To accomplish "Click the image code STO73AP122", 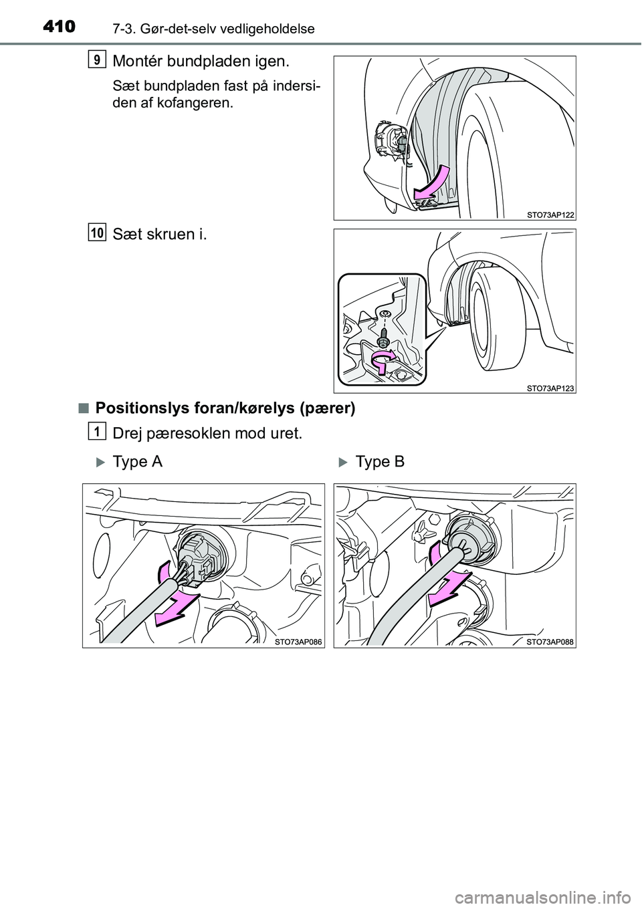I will tap(546, 214).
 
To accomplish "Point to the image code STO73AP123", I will tap(546, 388).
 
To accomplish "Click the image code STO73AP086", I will tap(298, 642).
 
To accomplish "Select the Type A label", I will tap(138, 462).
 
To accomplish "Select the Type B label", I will tap(380, 462).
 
